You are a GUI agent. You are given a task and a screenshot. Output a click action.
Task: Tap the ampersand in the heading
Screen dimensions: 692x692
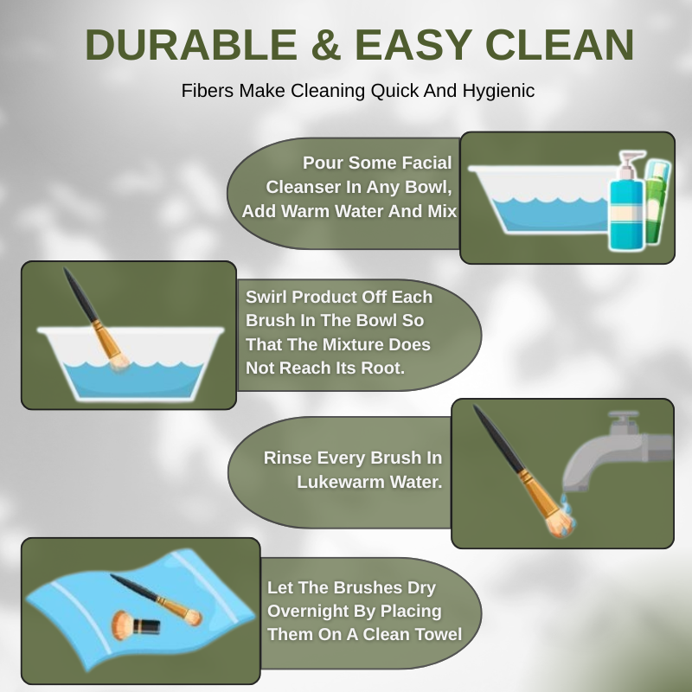pyautogui.click(x=326, y=45)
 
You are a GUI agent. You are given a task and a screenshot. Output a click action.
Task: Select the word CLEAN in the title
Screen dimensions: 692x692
pyautogui.click(x=560, y=45)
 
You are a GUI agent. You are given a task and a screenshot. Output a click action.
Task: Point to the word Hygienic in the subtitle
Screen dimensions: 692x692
pyautogui.click(x=499, y=91)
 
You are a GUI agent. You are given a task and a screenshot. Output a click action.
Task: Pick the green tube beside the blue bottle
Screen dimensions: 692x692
pyautogui.click(x=657, y=201)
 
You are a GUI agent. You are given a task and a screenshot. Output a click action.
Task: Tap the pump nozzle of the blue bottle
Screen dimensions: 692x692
pyautogui.click(x=632, y=160)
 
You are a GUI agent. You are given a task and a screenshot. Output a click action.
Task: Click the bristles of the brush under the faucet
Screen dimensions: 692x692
pyautogui.click(x=561, y=525)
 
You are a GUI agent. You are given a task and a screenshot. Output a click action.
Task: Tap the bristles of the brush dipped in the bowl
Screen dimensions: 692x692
pyautogui.click(x=119, y=362)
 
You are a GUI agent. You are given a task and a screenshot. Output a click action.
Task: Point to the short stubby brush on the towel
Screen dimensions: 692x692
pyautogui.click(x=135, y=625)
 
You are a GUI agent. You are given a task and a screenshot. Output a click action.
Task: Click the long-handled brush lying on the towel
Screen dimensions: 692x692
pyautogui.click(x=157, y=599)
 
